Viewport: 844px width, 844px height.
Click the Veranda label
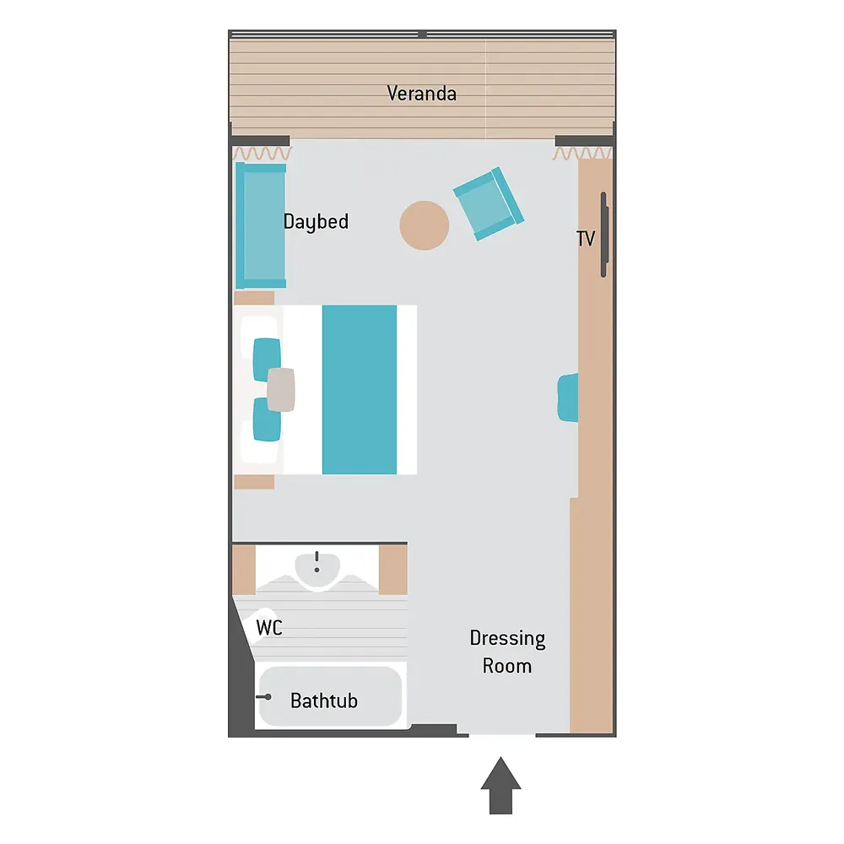(421, 94)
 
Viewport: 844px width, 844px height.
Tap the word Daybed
(316, 222)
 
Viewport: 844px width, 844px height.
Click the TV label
(586, 239)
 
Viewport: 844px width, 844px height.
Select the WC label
(269, 628)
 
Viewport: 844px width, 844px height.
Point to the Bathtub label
(324, 701)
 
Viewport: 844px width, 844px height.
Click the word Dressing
(507, 638)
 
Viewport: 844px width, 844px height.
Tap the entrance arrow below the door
(500, 785)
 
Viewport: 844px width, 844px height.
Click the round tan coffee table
(425, 225)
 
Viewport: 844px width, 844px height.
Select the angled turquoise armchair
(489, 203)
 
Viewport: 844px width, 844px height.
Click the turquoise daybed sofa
(261, 225)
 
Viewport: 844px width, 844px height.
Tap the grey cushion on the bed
(281, 390)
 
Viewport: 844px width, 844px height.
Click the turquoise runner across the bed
(360, 390)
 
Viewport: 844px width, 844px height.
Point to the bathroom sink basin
(317, 570)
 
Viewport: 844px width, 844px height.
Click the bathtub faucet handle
(264, 697)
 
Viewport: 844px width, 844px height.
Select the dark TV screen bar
(604, 235)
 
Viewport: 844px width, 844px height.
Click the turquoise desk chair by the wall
(568, 398)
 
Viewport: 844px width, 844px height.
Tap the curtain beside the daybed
(262, 154)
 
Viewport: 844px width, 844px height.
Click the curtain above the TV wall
(582, 154)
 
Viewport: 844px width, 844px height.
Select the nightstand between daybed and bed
(254, 298)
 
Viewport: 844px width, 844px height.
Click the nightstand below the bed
(254, 482)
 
